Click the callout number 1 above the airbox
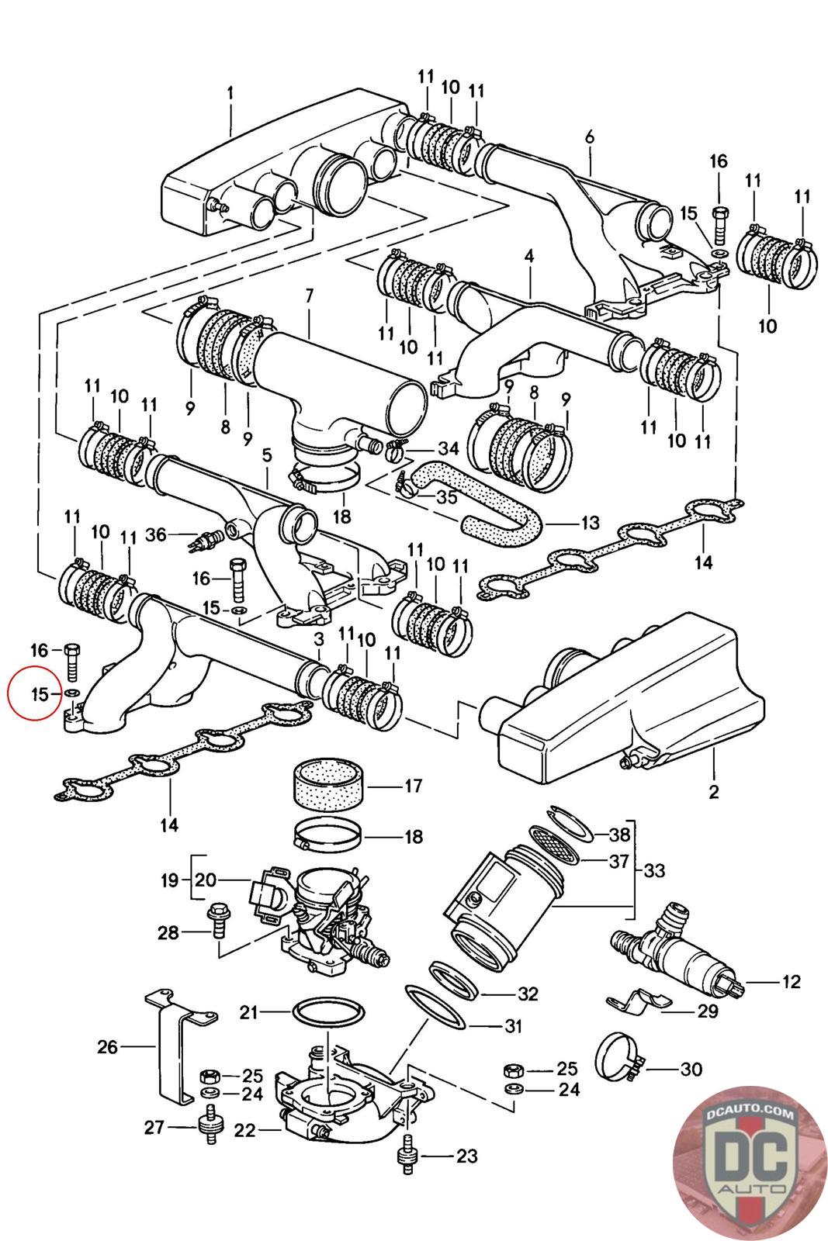click(x=230, y=93)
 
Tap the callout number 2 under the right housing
click(x=713, y=792)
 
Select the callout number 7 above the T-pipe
click(x=309, y=296)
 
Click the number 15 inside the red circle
click(x=40, y=693)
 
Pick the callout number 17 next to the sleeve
click(x=412, y=786)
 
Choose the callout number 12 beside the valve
click(x=790, y=982)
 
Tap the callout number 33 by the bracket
click(x=653, y=871)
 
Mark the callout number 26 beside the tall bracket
click(x=107, y=1047)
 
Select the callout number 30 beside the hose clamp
click(x=690, y=1070)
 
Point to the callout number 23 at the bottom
click(x=466, y=1156)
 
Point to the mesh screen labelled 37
click(x=556, y=843)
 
